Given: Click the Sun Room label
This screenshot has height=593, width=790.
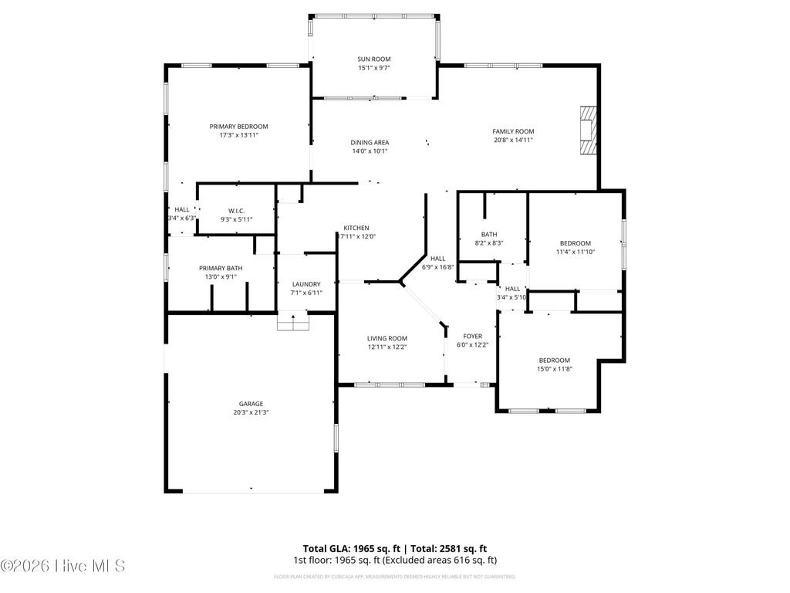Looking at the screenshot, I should [x=373, y=59].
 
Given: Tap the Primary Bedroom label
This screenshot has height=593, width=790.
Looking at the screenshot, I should [x=238, y=126].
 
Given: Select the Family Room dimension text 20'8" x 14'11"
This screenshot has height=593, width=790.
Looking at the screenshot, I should [x=513, y=141].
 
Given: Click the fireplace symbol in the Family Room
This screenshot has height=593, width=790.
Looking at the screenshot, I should [x=589, y=131].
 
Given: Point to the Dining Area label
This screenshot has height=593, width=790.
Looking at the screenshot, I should [x=370, y=142].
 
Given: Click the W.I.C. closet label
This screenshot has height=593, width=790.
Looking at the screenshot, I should [x=236, y=211].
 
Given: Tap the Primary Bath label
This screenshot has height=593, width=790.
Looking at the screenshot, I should [x=221, y=268].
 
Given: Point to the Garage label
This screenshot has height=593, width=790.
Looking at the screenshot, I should [x=251, y=404].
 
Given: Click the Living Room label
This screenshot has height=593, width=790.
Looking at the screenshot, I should [x=387, y=338].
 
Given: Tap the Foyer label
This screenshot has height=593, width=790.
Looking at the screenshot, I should [x=472, y=337].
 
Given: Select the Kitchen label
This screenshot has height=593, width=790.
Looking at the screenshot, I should [x=356, y=228].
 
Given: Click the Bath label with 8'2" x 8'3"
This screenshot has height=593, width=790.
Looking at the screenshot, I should [x=489, y=235].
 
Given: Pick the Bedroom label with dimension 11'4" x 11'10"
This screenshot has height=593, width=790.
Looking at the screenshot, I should [x=575, y=243].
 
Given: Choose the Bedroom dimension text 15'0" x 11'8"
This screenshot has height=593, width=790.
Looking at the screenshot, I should [x=555, y=369].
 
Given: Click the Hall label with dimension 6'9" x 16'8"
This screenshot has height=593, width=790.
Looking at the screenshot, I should [x=438, y=259].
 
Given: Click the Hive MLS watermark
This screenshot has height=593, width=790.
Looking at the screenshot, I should [x=63, y=566].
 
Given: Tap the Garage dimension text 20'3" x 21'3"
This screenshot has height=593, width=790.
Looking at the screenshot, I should [x=251, y=412].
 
